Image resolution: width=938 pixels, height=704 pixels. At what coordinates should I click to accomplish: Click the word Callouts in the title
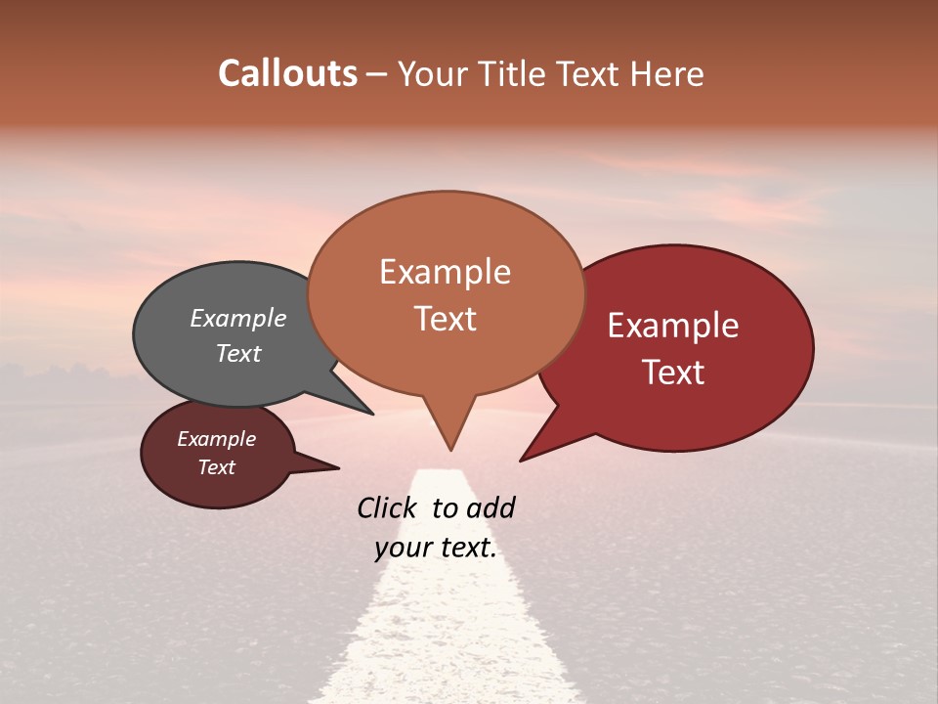pos(287,73)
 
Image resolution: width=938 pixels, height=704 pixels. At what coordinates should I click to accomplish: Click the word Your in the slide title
pos(435,74)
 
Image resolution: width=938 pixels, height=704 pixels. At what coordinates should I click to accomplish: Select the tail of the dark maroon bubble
pos(322,467)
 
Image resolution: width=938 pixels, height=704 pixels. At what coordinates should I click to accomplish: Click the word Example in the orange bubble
pos(445,271)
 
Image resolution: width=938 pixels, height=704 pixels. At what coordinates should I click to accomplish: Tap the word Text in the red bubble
pos(673,373)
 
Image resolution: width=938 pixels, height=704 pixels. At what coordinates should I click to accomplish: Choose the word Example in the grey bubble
pos(237,318)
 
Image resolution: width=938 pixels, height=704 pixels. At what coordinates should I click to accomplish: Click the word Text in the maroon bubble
pos(216,467)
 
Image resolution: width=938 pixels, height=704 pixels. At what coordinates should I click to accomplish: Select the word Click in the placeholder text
pos(388,507)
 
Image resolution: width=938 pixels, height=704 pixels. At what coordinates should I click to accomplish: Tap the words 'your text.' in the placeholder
pos(435,548)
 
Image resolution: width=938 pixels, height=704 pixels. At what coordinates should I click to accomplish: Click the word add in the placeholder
pos(490,507)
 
